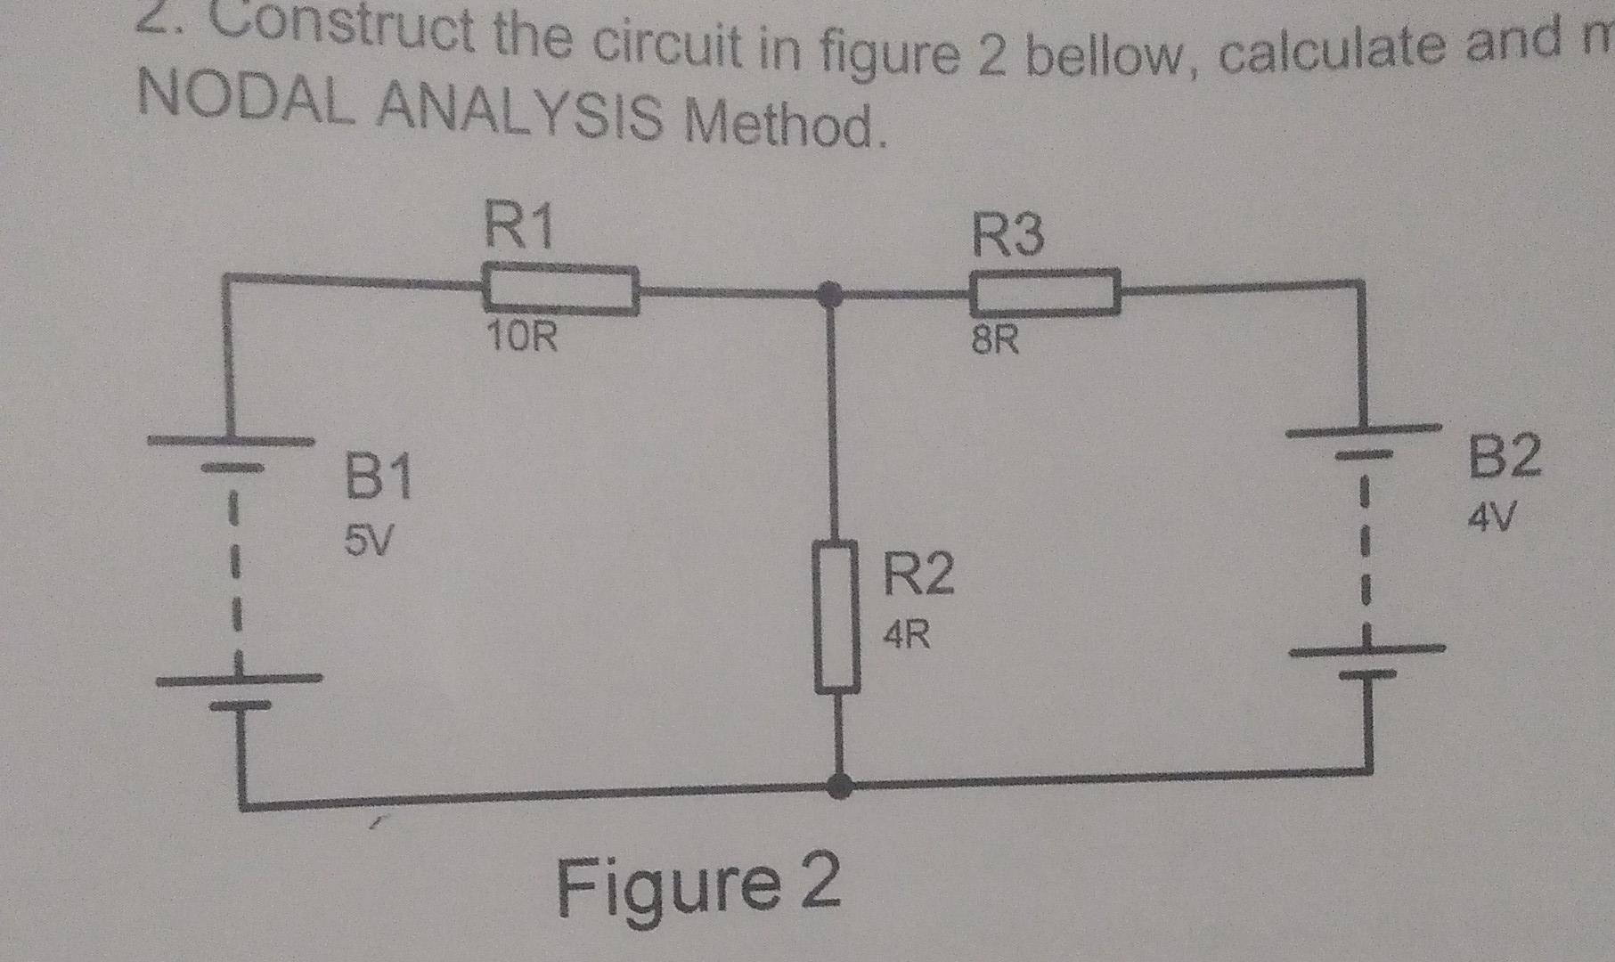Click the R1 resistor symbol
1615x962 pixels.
coord(561,289)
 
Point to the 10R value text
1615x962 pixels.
coord(522,338)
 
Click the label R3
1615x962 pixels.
coord(1007,236)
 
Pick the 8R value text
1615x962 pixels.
coord(994,340)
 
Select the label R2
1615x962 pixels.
coord(918,574)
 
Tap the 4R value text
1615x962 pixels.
coord(907,635)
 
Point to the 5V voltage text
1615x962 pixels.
coord(368,540)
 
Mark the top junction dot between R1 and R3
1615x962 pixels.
coord(830,293)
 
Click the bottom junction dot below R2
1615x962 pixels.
coord(838,786)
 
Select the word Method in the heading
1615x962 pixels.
coord(784,125)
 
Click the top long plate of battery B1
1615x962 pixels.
coord(231,440)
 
